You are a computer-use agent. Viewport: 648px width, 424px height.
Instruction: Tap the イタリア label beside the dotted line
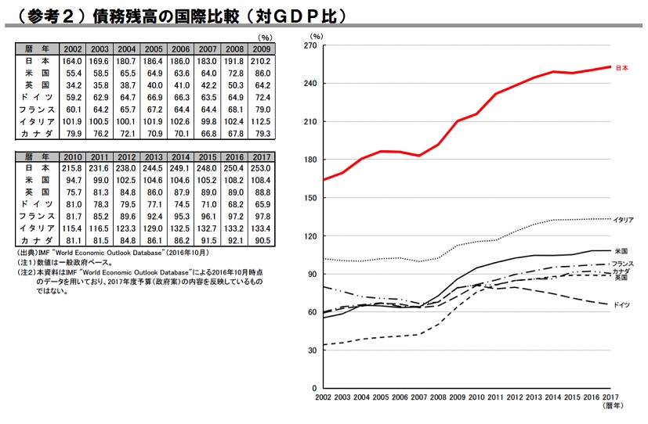(624, 220)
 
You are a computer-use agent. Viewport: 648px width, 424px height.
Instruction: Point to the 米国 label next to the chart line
(621, 251)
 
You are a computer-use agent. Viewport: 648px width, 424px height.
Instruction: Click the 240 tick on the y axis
(310, 84)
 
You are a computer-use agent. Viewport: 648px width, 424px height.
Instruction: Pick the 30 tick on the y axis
(313, 350)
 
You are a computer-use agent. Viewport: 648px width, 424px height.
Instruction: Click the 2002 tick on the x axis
(323, 399)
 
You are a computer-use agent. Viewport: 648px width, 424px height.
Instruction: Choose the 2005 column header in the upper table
(154, 49)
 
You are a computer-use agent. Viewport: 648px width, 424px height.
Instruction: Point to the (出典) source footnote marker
(27, 253)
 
